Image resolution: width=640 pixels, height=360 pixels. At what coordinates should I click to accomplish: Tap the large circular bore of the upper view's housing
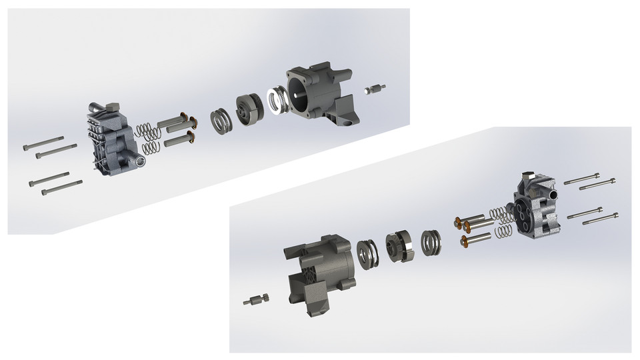pos(301,97)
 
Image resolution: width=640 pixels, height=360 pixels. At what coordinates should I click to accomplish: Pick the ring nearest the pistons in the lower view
pos(431,241)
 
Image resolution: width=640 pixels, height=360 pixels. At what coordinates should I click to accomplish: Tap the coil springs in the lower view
pos(500,223)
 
